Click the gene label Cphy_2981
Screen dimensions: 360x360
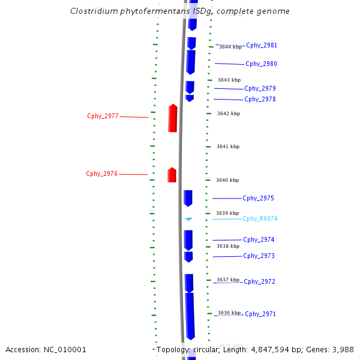point(262,46)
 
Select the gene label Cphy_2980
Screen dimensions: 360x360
point(261,64)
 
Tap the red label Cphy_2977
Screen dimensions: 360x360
point(103,116)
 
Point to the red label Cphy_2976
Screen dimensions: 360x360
point(101,174)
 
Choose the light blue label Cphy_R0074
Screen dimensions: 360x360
point(260,219)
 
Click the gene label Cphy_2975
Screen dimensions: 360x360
point(258,199)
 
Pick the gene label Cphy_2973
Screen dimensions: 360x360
point(259,256)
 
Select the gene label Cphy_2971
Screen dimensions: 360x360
point(260,314)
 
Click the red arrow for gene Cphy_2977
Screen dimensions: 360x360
point(173,118)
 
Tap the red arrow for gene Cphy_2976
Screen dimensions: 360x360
point(172,175)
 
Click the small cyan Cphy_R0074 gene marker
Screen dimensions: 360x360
point(188,219)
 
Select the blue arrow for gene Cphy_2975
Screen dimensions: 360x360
point(188,198)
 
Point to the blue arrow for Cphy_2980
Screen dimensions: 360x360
point(191,62)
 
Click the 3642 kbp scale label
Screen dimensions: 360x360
point(228,113)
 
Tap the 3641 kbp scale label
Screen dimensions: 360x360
point(227,147)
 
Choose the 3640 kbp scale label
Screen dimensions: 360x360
point(227,181)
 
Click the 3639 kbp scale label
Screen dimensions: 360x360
point(227,213)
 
